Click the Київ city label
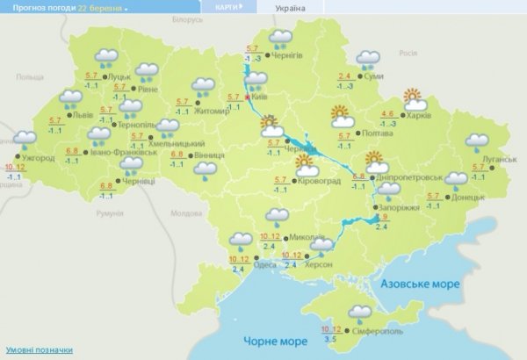(x=259, y=98)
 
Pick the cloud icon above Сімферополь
(x=359, y=312)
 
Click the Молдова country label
(x=185, y=213)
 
